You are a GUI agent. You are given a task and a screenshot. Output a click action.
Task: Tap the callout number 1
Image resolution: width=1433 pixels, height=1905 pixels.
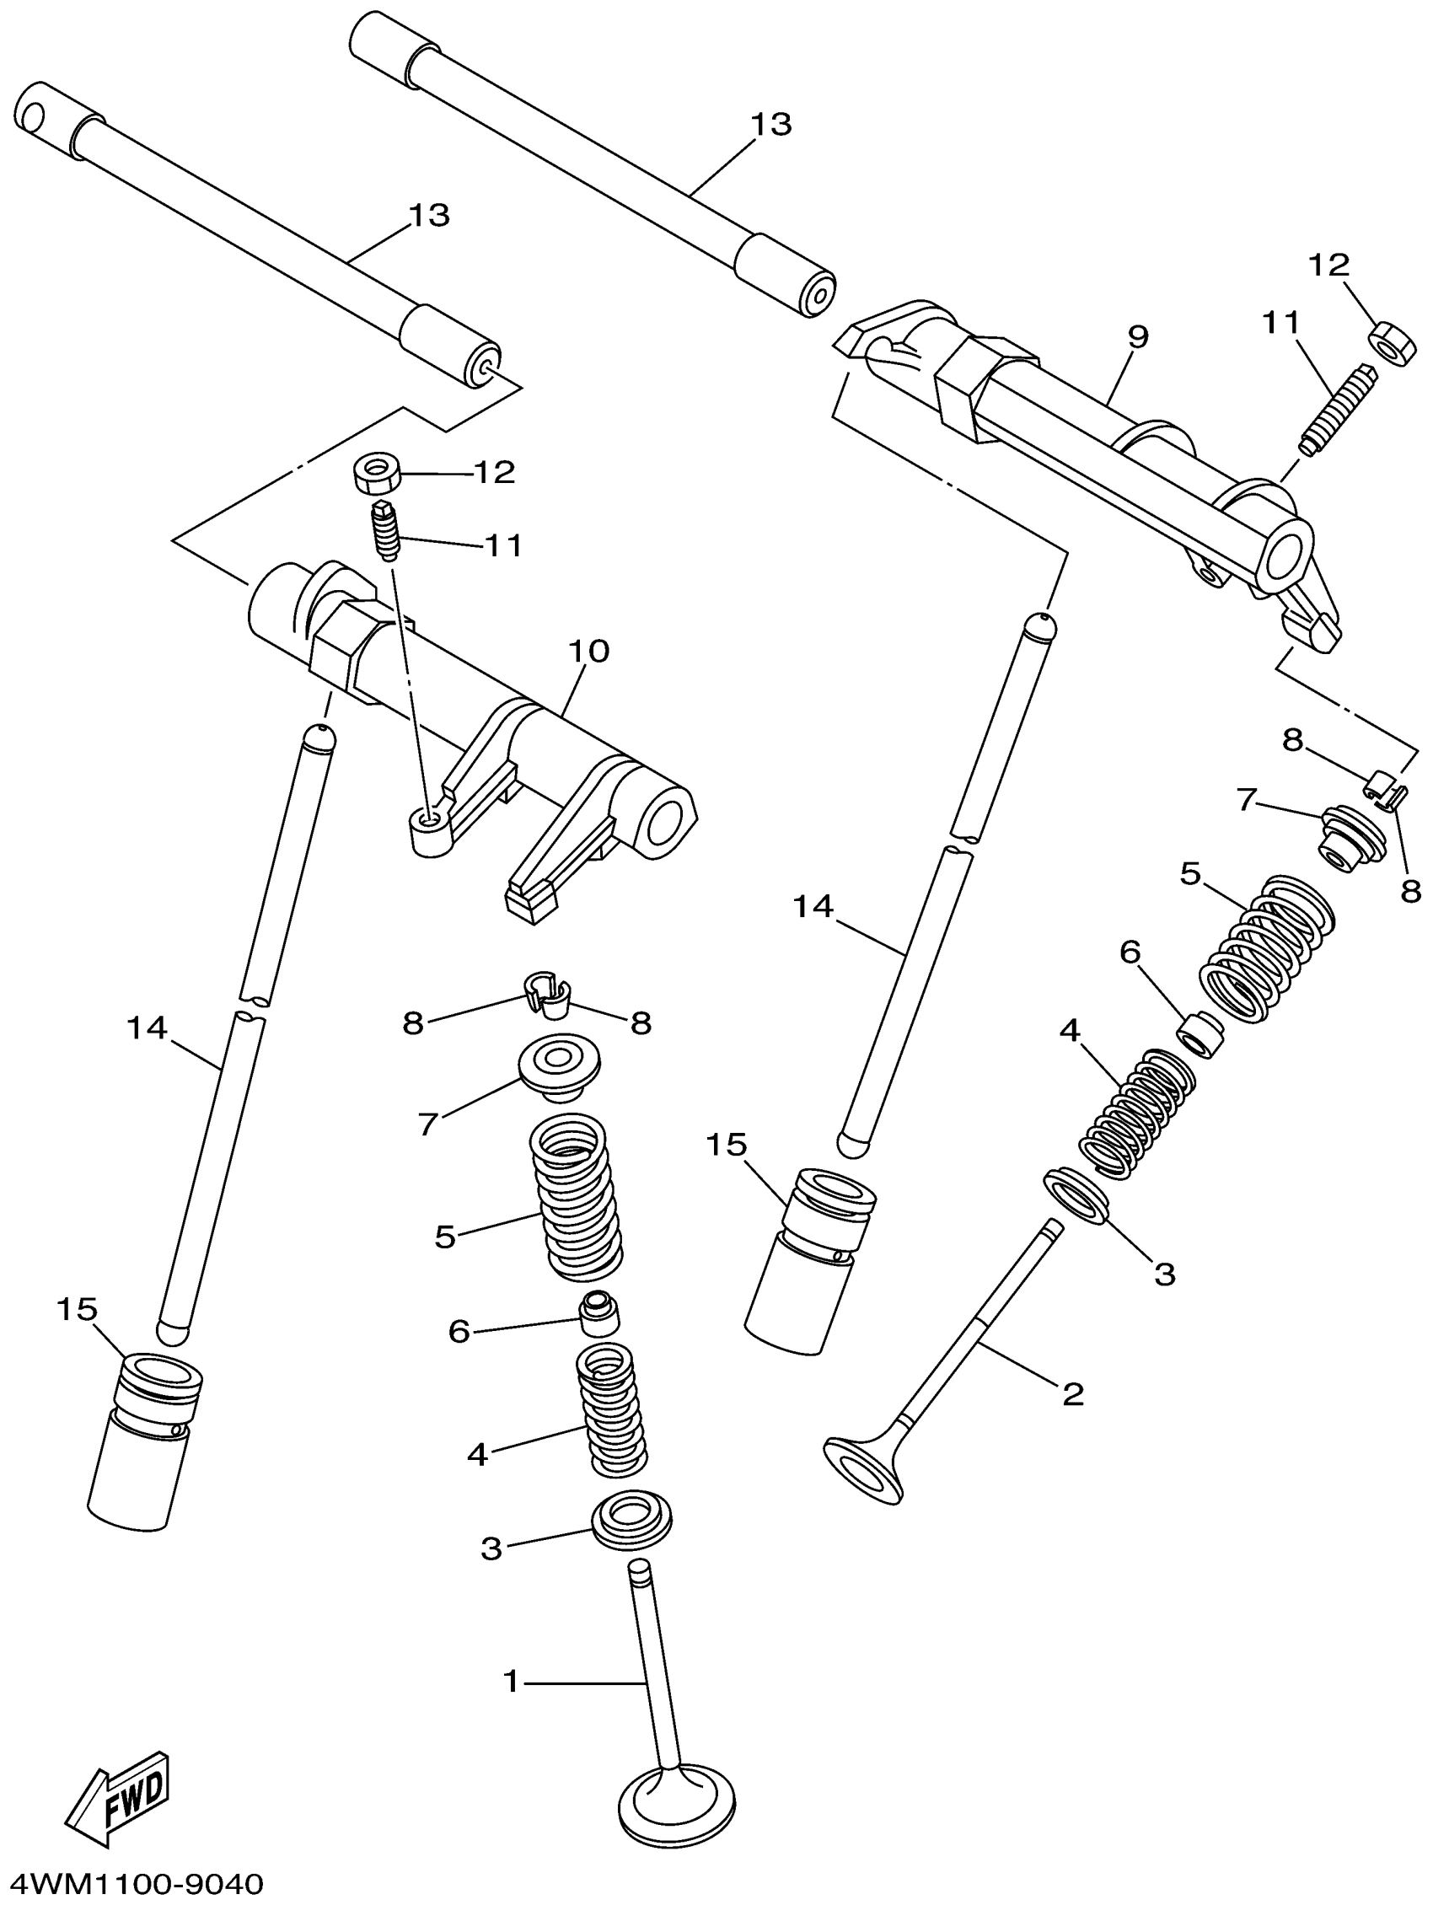coord(512,1680)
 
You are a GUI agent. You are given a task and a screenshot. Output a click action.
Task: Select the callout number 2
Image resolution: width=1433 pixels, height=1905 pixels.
coord(1072,1392)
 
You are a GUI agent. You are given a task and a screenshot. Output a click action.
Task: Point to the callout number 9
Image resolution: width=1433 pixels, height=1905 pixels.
coord(1138,335)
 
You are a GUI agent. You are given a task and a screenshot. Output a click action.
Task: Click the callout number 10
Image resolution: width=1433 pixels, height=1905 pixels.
coord(589,651)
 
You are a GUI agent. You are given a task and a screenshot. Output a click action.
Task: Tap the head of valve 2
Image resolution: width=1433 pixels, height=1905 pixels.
coord(867,1469)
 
